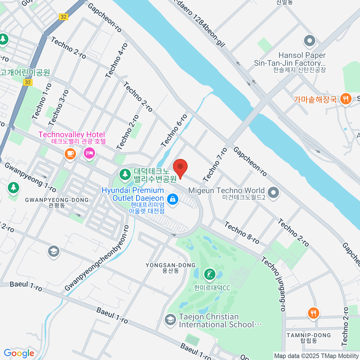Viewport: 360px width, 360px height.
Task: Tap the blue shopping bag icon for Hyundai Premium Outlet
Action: click(172, 199)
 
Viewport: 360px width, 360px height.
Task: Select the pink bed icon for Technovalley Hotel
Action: click(89, 154)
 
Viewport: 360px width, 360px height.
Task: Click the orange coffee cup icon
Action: click(70, 154)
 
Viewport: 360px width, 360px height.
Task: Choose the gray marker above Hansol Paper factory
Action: click(310, 40)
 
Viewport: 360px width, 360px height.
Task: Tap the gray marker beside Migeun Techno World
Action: click(273, 193)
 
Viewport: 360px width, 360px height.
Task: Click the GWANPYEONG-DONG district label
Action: click(57, 200)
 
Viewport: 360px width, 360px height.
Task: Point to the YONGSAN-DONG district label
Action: click(170, 265)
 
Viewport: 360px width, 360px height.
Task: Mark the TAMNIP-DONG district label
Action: click(308, 335)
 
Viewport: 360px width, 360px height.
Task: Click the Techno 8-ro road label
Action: click(242, 233)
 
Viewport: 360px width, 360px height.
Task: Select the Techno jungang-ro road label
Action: click(273, 283)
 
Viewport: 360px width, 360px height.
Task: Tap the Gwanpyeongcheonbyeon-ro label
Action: click(97, 258)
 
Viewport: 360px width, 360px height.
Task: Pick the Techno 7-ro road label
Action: click(215, 165)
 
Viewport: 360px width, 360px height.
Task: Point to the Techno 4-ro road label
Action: click(117, 61)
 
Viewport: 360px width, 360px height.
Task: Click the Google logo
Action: click(19, 353)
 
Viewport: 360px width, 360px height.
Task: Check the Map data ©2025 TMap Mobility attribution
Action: click(316, 356)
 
